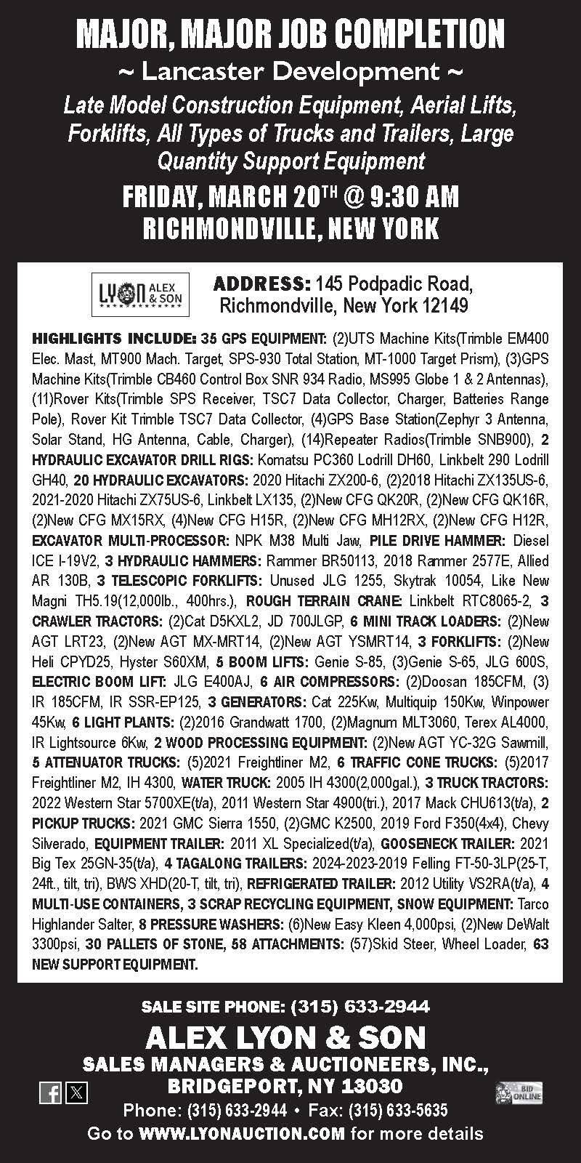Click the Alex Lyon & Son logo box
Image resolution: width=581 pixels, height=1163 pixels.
(x=140, y=294)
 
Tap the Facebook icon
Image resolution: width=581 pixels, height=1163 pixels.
(x=50, y=1092)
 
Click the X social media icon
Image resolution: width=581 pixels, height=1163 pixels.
(x=76, y=1092)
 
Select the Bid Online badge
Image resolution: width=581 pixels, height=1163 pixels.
(x=519, y=1092)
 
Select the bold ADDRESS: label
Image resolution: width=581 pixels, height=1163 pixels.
(x=262, y=282)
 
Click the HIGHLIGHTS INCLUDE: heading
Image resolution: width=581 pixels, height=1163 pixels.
(x=113, y=339)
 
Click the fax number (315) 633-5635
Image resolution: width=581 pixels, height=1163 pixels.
(x=398, y=1111)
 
